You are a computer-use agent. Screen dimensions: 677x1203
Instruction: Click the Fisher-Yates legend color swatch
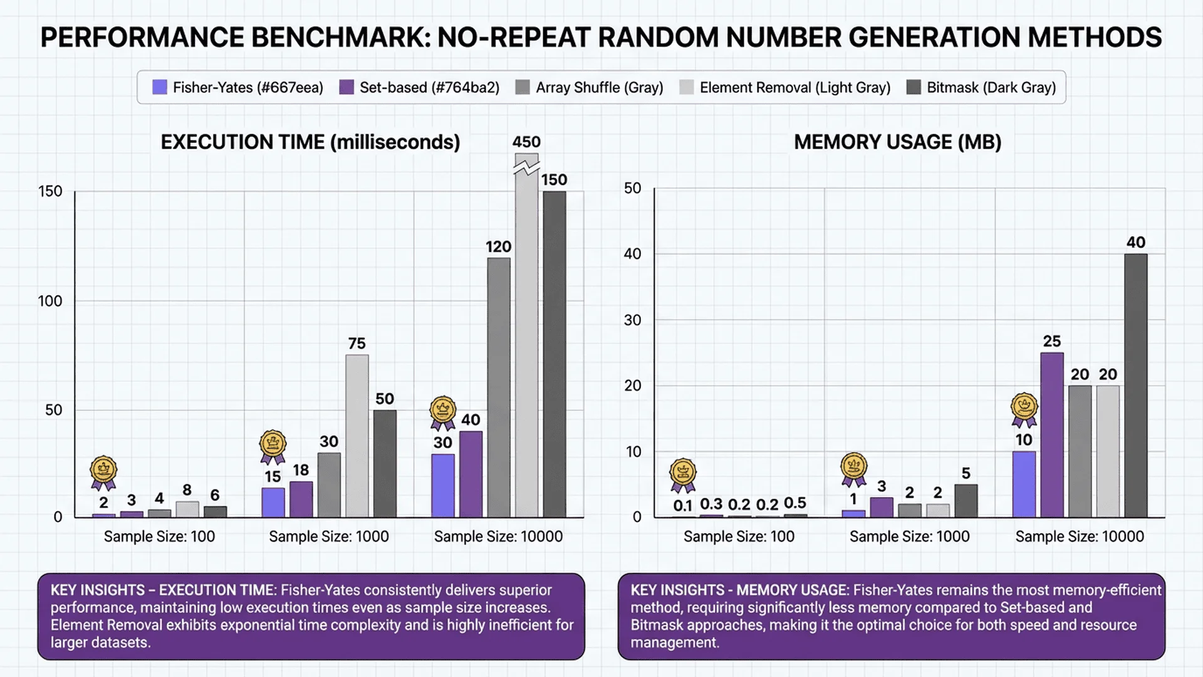click(x=160, y=87)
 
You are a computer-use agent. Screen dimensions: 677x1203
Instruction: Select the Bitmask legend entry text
click(x=991, y=87)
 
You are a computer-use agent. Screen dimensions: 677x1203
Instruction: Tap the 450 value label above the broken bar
click(x=526, y=142)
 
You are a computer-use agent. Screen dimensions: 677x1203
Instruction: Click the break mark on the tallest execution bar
click(x=526, y=167)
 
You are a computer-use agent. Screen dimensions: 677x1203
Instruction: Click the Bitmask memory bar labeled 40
click(x=1135, y=386)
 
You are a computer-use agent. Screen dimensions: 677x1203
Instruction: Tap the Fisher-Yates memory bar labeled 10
click(x=1024, y=484)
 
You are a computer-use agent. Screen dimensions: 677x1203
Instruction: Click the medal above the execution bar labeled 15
click(x=273, y=445)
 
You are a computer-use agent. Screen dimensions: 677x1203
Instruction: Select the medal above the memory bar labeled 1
click(x=853, y=468)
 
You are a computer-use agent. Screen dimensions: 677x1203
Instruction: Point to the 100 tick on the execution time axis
click(x=50, y=301)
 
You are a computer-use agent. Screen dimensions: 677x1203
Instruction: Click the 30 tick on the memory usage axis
click(x=633, y=320)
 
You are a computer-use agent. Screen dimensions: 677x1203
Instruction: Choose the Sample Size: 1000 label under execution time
click(x=329, y=537)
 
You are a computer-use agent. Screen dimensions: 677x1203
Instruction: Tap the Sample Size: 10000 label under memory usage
click(x=1080, y=537)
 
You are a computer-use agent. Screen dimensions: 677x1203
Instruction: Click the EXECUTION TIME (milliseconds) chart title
click(x=310, y=142)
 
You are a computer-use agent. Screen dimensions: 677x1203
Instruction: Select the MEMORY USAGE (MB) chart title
click(x=897, y=142)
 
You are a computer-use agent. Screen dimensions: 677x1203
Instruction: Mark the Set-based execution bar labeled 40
click(x=471, y=474)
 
